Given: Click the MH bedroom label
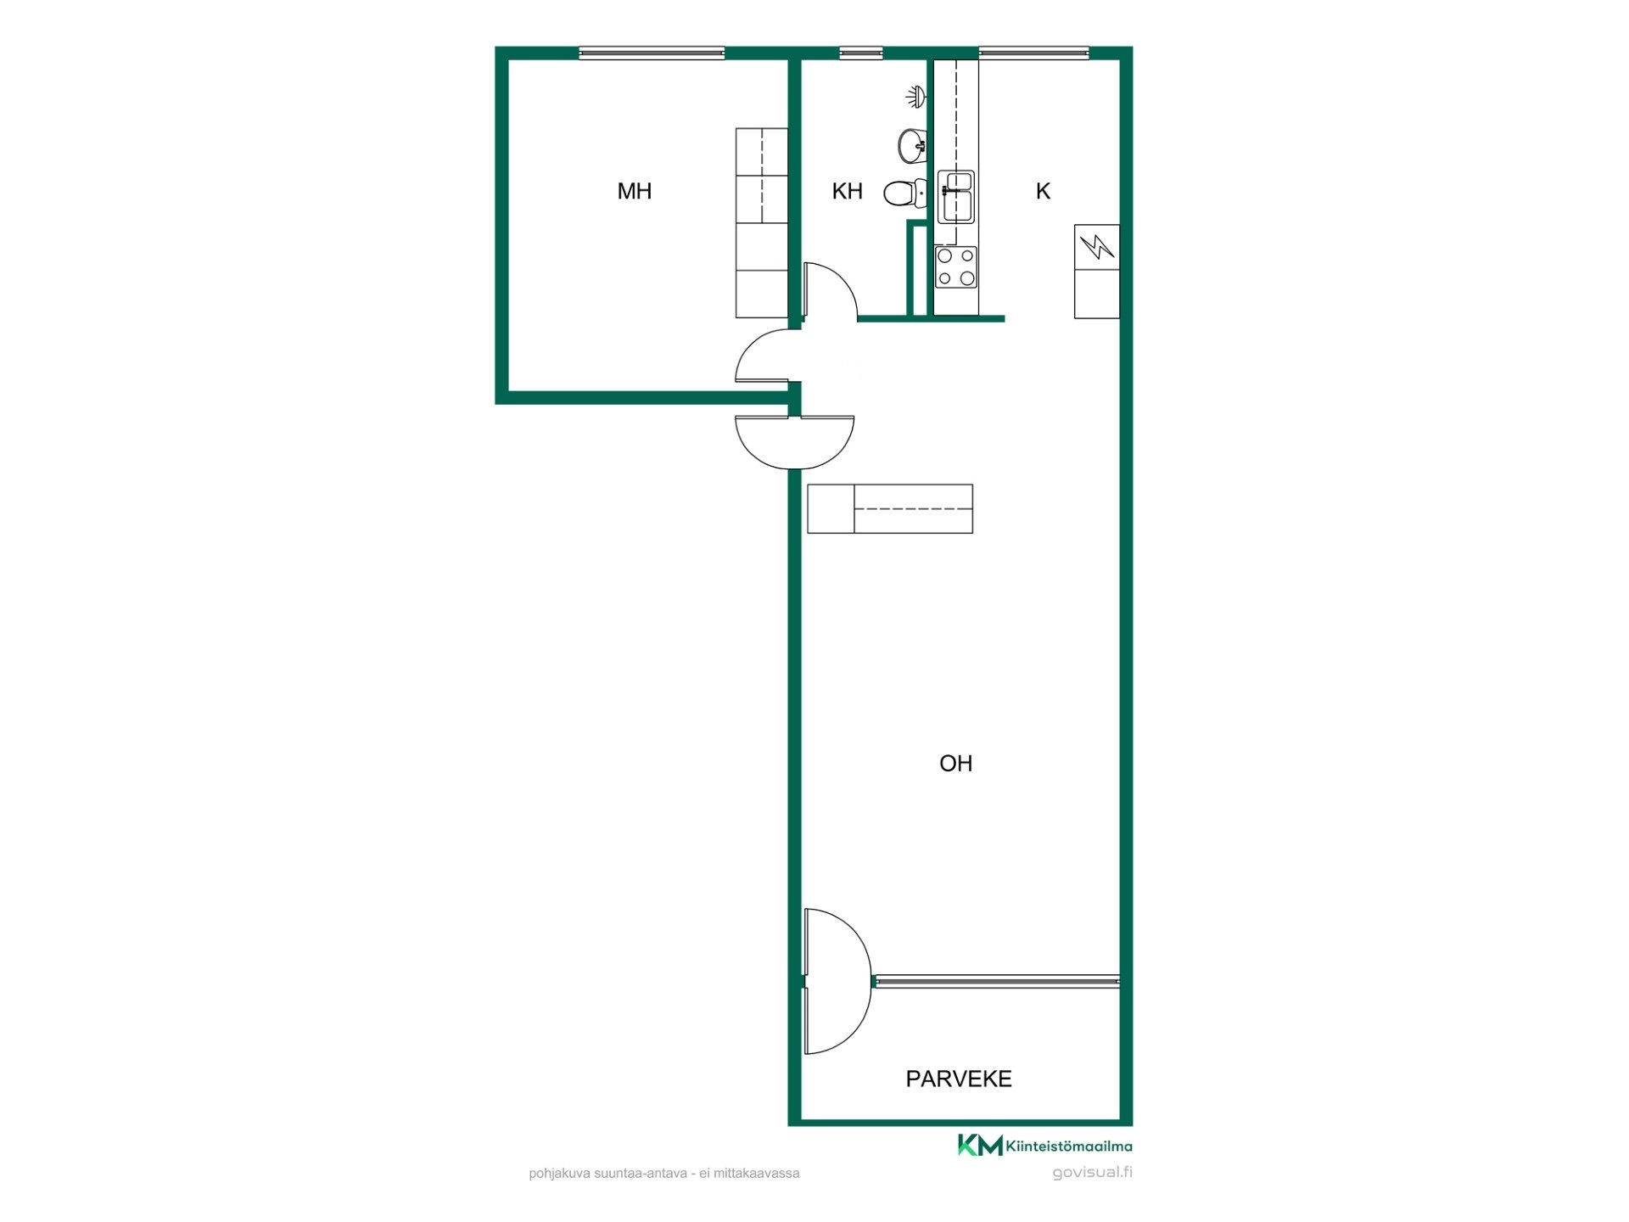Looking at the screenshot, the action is [x=635, y=191].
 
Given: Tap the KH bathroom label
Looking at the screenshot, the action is [x=847, y=191].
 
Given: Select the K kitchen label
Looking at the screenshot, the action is [x=1043, y=191].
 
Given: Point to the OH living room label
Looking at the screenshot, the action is [x=955, y=763].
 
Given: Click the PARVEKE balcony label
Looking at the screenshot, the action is [x=959, y=1079].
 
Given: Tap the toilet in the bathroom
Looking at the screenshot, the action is [x=904, y=193].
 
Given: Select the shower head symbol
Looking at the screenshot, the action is [x=915, y=97].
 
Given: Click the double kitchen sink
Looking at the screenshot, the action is [x=956, y=197].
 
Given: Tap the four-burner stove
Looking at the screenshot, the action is [x=956, y=267].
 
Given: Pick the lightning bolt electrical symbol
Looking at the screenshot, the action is [x=1096, y=247].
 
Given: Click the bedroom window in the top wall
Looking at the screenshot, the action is [x=652, y=53].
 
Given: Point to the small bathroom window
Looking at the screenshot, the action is [x=860, y=53].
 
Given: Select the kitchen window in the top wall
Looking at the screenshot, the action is [x=1033, y=53].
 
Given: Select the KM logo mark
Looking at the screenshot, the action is [x=980, y=1145].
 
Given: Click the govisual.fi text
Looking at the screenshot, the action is [x=1092, y=1173].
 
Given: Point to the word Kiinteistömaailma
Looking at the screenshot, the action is [x=1069, y=1146].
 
